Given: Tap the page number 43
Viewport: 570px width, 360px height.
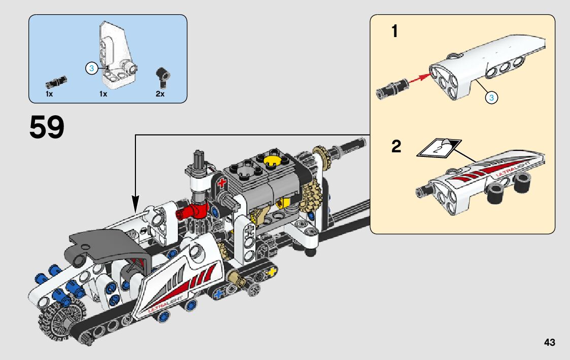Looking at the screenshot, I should pos(549,343).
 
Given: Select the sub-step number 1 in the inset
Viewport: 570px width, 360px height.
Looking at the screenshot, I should pos(394,32).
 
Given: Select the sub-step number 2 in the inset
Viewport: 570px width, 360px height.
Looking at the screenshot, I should pos(396,147).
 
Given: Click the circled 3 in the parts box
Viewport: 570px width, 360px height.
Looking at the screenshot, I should pos(91,68).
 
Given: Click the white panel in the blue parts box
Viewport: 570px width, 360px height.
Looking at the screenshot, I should pos(118,53).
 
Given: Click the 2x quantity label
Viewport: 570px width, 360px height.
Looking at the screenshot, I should pos(160,94).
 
